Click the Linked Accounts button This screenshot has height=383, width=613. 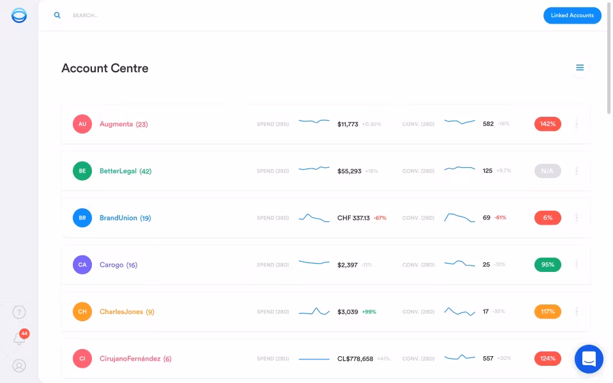pyautogui.click(x=572, y=15)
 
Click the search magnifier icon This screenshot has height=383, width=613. pyautogui.click(x=57, y=15)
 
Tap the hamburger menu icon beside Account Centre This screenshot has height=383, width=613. pyautogui.click(x=580, y=68)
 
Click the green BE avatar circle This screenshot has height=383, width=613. pyautogui.click(x=82, y=171)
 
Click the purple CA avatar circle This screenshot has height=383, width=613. pyautogui.click(x=82, y=265)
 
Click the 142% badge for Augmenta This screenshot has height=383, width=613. pyautogui.click(x=547, y=124)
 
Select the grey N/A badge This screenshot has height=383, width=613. pyautogui.click(x=547, y=171)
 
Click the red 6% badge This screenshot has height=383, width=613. pyautogui.click(x=547, y=218)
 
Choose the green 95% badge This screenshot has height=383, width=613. pyautogui.click(x=547, y=265)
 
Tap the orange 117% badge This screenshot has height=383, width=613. pyautogui.click(x=547, y=312)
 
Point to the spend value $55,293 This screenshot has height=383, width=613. pyautogui.click(x=349, y=171)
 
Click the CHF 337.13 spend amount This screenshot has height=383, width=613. pyautogui.click(x=353, y=218)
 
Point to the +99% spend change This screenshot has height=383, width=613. pyautogui.click(x=369, y=312)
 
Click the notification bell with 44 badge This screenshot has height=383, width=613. pyautogui.click(x=20, y=338)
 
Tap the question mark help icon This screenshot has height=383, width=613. pyautogui.click(x=19, y=312)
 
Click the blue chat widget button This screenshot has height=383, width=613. pyautogui.click(x=589, y=359)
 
